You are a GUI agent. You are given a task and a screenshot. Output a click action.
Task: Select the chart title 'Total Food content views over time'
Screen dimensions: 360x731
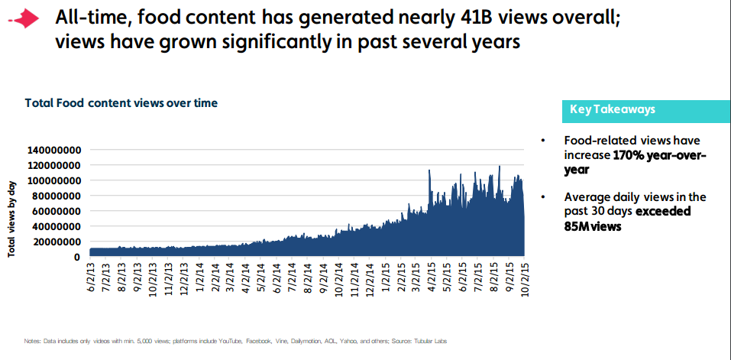[121, 102]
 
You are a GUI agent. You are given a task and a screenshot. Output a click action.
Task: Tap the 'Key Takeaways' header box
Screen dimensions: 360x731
[613, 110]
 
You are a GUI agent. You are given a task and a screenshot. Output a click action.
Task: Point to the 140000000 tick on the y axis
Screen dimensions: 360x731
[54, 150]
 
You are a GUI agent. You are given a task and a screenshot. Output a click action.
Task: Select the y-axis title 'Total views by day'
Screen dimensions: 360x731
[13, 218]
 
